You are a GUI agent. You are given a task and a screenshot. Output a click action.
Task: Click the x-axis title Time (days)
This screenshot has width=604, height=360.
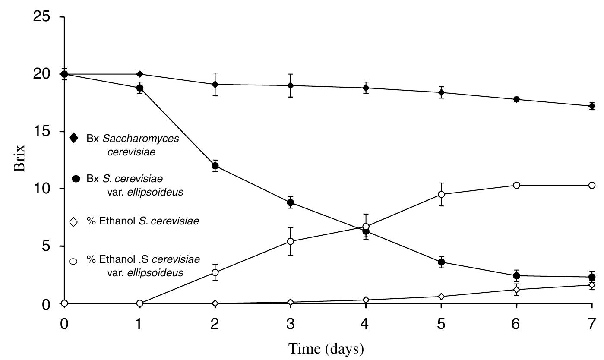[x=326, y=348]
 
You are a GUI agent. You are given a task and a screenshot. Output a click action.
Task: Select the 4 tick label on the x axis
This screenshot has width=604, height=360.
[x=366, y=324]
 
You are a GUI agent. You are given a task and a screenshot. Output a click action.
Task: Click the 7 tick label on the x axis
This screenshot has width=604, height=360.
[x=591, y=324]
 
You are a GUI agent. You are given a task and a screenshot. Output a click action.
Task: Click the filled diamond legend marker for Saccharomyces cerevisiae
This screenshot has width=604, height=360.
[x=73, y=138]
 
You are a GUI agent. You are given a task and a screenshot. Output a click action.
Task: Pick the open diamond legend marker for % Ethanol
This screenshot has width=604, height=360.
[x=73, y=222]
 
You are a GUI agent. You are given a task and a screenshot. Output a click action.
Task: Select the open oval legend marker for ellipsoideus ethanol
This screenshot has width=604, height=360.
[x=73, y=261]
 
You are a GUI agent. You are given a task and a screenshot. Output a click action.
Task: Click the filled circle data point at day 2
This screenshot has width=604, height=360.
[x=215, y=166]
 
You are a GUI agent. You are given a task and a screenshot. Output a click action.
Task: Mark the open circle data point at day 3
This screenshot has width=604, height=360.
[x=291, y=241]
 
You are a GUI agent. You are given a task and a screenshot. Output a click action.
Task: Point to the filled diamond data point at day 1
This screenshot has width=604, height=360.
[x=139, y=74]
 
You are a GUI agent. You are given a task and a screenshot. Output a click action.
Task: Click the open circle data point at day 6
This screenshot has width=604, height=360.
[x=516, y=185]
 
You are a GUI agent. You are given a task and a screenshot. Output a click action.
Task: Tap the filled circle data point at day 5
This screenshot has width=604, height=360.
[x=441, y=262]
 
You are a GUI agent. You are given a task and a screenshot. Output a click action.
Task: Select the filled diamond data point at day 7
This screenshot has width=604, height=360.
[x=591, y=106]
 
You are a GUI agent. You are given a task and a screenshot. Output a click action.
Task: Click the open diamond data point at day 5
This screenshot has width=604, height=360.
[x=441, y=297]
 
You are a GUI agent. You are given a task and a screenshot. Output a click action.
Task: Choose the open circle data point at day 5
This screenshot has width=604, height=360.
[x=441, y=194]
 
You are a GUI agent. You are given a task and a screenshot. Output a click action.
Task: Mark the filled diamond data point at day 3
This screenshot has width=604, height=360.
[x=291, y=85]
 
